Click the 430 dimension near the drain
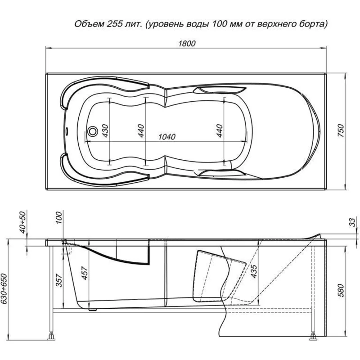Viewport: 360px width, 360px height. (104, 131)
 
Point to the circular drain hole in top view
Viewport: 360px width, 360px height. (92, 131)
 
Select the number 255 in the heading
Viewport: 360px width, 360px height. (115, 24)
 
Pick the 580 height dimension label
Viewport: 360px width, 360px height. (341, 292)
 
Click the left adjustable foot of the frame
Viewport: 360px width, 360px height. (52, 335)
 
